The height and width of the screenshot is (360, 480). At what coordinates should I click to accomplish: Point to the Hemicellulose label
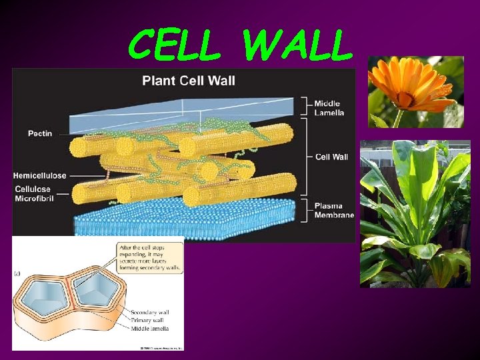click(40, 175)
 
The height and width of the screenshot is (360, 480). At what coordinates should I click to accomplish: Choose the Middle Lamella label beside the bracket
click(329, 108)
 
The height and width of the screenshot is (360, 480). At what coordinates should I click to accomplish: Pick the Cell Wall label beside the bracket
click(331, 157)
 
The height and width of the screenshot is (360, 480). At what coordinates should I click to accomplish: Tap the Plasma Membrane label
click(334, 211)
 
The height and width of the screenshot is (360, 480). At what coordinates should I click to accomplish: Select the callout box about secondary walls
click(150, 257)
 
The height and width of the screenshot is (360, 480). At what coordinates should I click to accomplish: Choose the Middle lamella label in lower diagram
click(149, 328)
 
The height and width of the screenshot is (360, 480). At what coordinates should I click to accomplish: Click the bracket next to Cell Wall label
click(306, 157)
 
